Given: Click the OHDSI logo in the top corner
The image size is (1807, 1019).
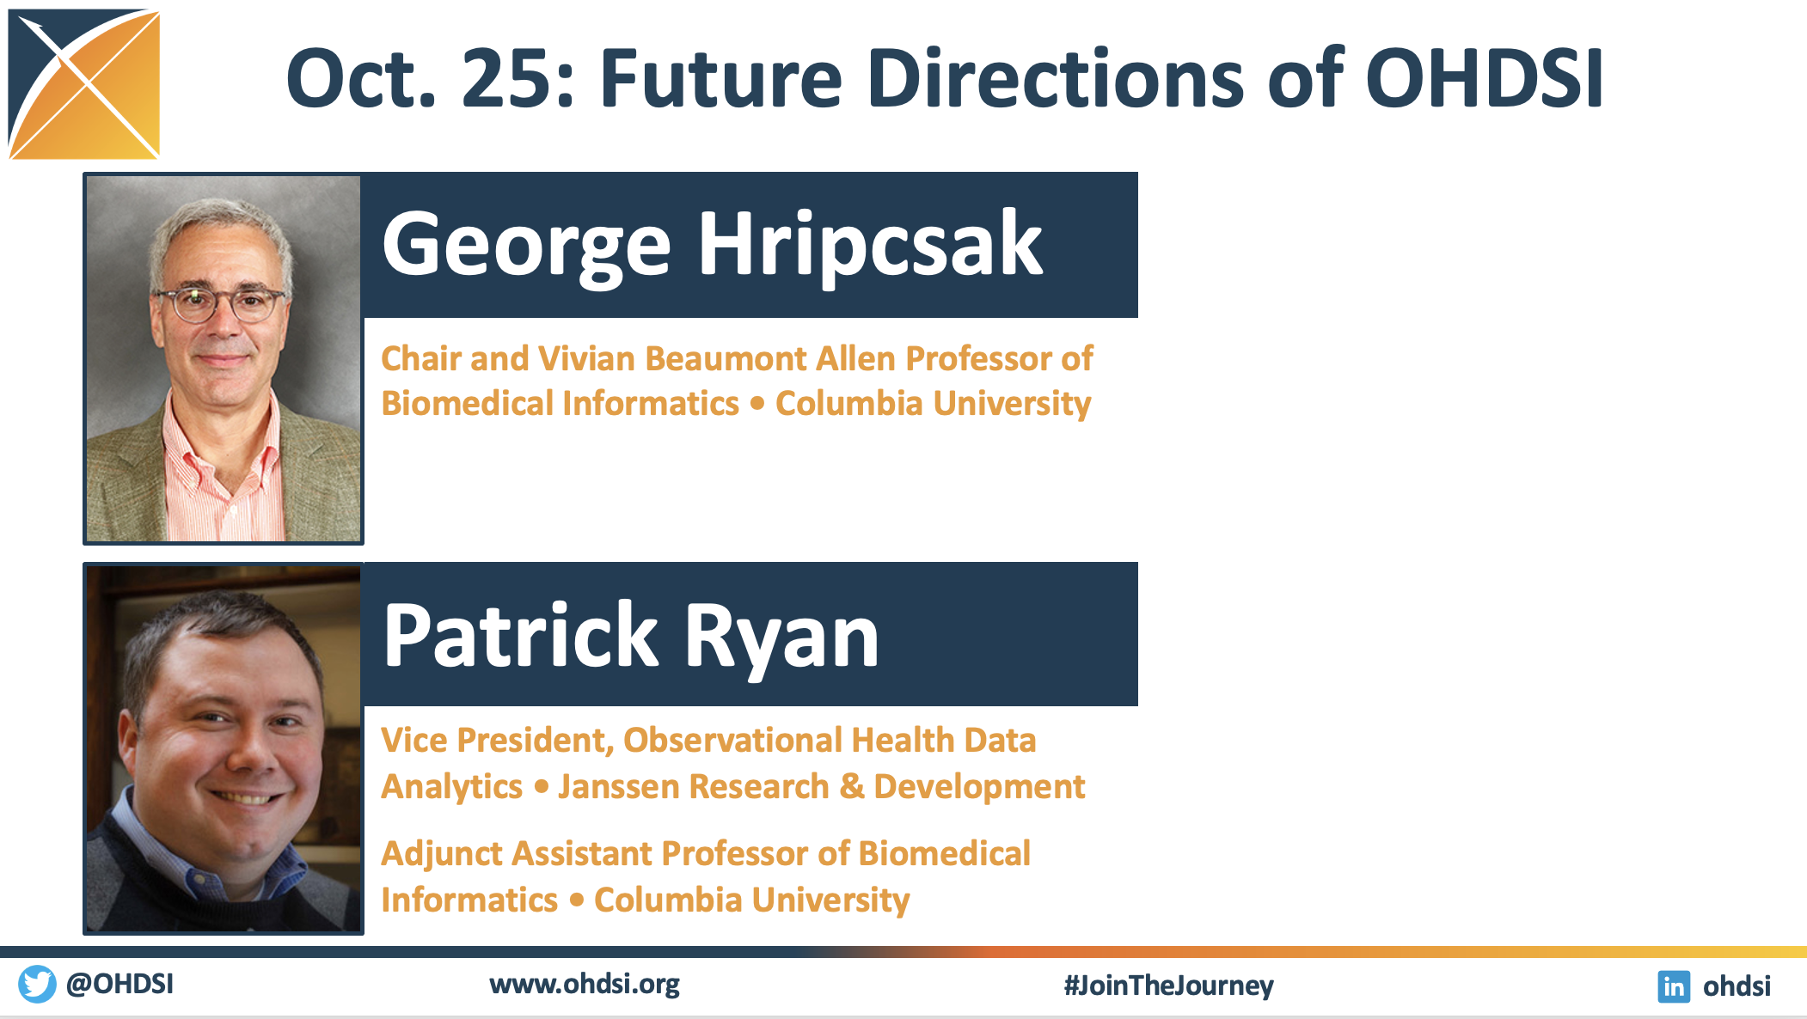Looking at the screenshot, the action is [x=84, y=83].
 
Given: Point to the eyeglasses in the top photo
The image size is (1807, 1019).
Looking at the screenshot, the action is [x=218, y=303].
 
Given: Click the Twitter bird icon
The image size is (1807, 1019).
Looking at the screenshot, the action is [x=37, y=985].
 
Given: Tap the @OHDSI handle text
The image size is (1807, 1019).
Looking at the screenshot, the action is [x=120, y=984].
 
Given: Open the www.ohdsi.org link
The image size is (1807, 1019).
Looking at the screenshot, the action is [x=585, y=985].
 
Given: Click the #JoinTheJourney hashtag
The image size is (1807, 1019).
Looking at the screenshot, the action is [x=1168, y=985].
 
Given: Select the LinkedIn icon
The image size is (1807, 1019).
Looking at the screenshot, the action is [x=1674, y=986].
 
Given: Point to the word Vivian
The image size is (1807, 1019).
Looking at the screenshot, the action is [x=586, y=359].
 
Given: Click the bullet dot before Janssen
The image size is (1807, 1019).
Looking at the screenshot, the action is [x=541, y=786].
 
